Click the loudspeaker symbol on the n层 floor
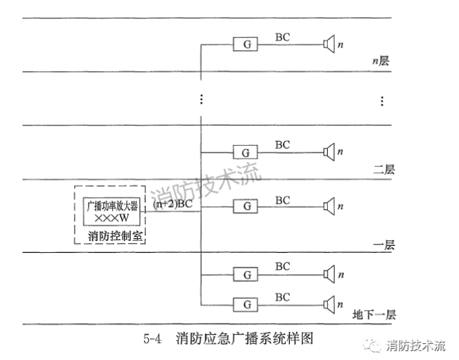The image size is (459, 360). click(328, 44)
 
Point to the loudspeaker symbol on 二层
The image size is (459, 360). click(328, 151)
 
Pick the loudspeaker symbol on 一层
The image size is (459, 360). click(328, 206)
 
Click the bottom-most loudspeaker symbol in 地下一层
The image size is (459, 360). click(328, 304)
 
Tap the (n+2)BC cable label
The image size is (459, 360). click(173, 204)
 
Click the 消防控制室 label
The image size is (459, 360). click(113, 235)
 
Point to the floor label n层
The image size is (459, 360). click(381, 61)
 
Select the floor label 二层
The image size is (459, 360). click(384, 170)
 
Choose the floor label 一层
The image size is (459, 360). click(384, 245)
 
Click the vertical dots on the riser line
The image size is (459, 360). click(202, 99)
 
